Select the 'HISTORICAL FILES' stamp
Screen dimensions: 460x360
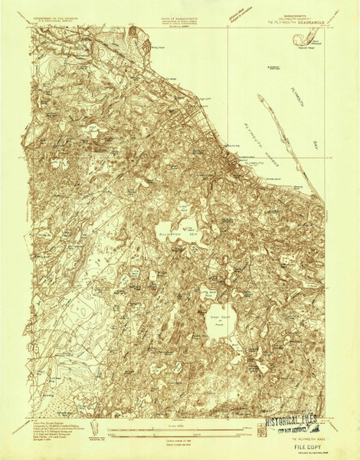click(x=298, y=422)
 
